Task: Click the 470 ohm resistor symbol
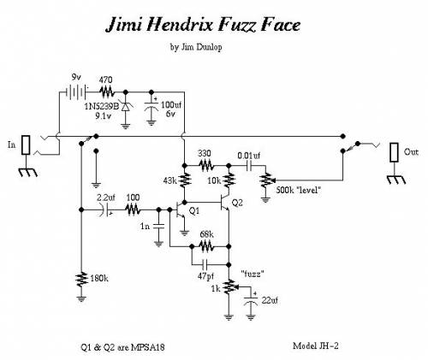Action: tap(107, 91)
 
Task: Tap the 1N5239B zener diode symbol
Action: tap(125, 107)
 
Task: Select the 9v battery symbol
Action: tap(75, 91)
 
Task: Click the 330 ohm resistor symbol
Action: tap(206, 165)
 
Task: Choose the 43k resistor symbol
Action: tap(184, 180)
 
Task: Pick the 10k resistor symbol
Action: tap(229, 180)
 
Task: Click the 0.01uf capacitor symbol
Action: tap(250, 165)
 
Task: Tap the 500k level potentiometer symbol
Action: tap(266, 180)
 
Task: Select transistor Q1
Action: tap(181, 210)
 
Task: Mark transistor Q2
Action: tap(225, 203)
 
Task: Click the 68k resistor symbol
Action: tap(206, 246)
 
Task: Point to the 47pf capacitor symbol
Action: tap(205, 265)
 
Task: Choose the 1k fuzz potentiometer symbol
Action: tap(230, 287)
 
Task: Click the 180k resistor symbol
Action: tap(81, 280)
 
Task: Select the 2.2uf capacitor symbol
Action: tap(105, 210)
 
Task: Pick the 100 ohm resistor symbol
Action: tap(133, 210)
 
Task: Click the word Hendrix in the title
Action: tap(181, 25)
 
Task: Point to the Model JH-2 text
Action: tap(316, 345)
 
